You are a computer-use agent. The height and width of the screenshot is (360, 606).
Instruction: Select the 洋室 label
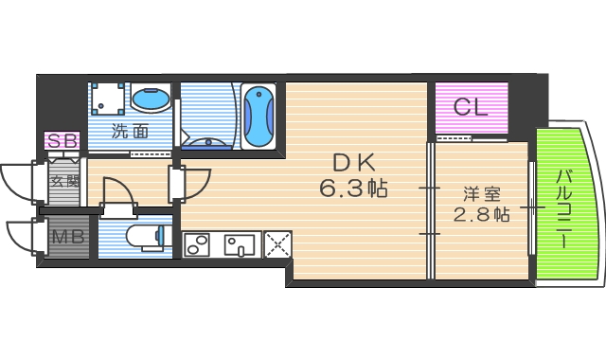[480, 193]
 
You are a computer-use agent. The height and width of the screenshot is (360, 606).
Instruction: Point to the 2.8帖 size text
[480, 214]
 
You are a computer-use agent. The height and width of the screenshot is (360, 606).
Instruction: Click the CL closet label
[471, 107]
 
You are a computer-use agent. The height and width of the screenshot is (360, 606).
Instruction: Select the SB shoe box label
[62, 141]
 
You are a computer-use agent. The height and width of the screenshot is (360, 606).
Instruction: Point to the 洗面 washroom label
[131, 132]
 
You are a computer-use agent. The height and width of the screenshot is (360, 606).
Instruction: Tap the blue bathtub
[258, 117]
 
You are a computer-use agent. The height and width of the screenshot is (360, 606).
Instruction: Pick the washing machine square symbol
[107, 99]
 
